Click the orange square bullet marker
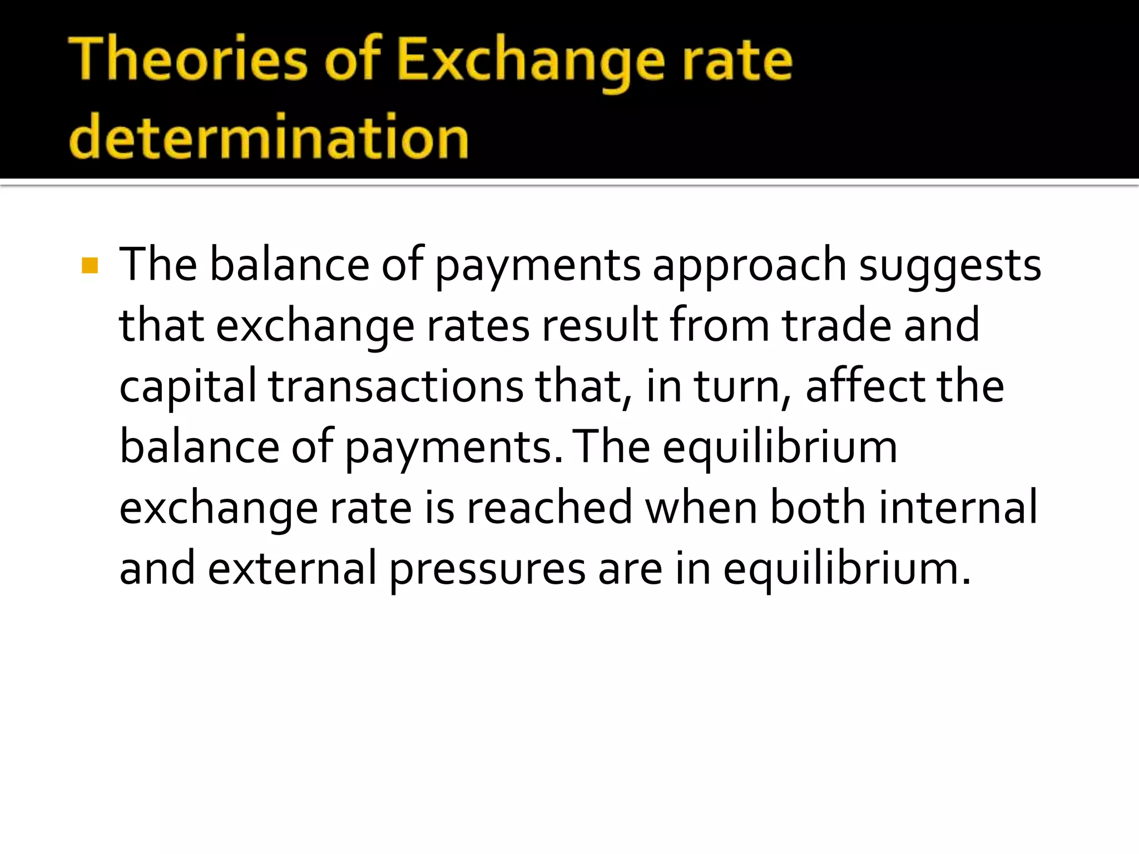pos(90,266)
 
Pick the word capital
pos(188,388)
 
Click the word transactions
pos(396,388)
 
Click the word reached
pos(549,508)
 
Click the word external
pos(292,568)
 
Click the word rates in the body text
pos(478,327)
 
